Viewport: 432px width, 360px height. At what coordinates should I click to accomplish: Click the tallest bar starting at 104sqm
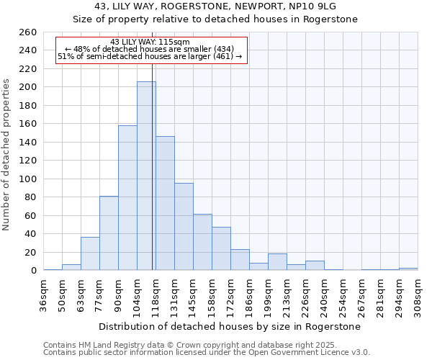tap(146, 176)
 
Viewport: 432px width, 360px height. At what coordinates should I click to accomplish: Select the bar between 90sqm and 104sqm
tap(127, 198)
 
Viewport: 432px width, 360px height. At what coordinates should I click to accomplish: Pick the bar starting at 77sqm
tap(109, 233)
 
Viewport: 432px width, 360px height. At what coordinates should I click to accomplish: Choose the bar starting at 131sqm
tap(184, 227)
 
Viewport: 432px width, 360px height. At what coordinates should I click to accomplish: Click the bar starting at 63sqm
tap(90, 254)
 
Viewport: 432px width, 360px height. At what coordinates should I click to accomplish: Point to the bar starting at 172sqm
tap(240, 260)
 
